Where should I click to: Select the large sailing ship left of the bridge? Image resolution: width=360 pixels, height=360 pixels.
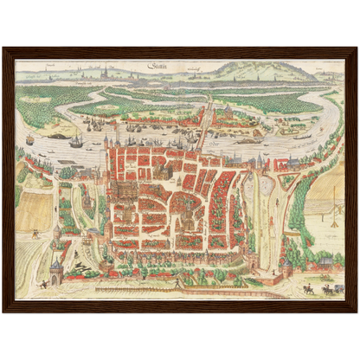(76, 141)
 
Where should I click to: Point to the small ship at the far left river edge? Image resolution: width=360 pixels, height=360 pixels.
(30, 139)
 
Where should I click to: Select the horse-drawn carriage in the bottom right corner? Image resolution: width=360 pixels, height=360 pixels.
(327, 289)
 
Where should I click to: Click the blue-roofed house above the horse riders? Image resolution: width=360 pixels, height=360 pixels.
(325, 260)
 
